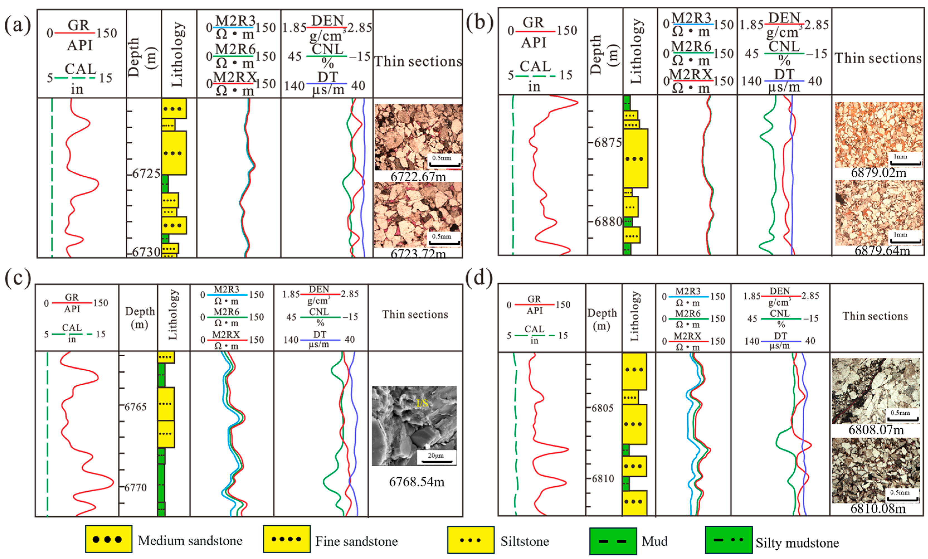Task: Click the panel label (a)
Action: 17,26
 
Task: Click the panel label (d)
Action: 479,279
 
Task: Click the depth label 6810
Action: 603,479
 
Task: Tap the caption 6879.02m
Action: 878,173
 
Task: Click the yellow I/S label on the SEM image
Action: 422,404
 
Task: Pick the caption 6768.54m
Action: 417,482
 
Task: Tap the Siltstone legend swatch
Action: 471,540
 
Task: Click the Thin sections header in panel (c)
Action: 415,315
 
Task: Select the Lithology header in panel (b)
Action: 636,51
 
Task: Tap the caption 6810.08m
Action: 878,509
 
